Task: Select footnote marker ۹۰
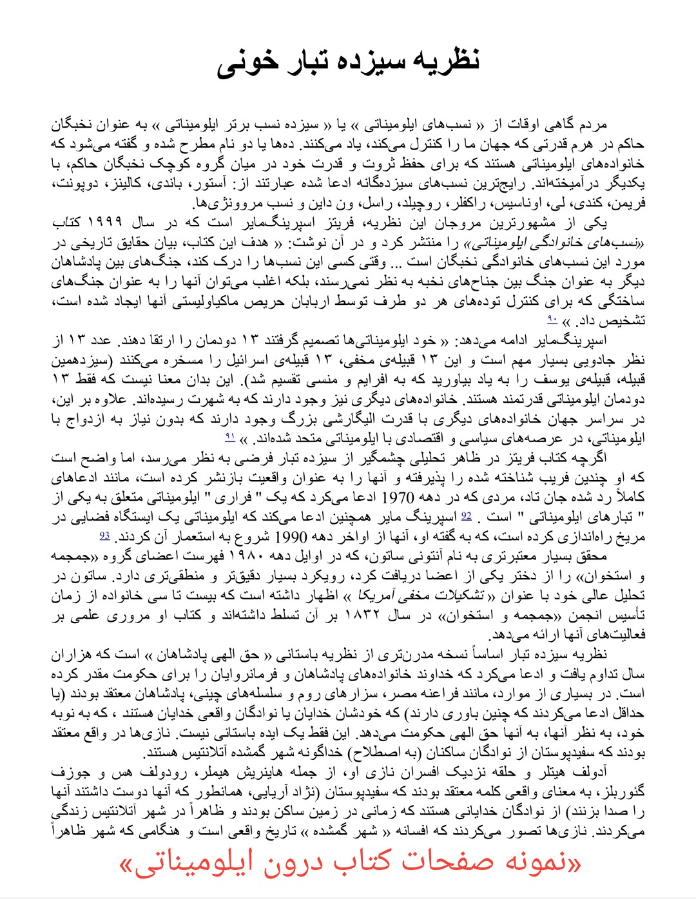(552, 319)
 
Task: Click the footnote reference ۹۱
(230, 438)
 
